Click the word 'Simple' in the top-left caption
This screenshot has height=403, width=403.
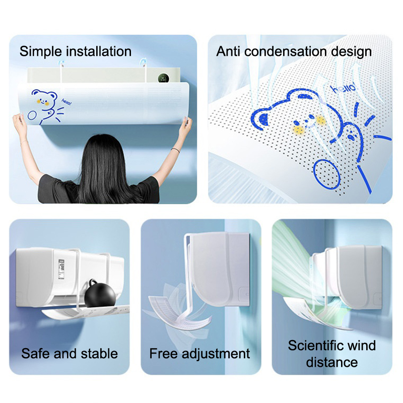[41, 52]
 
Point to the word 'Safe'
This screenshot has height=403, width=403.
[36, 354]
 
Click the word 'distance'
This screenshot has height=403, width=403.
[332, 362]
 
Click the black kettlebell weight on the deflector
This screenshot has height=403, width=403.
[100, 294]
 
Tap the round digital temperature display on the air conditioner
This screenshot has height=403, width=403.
[163, 78]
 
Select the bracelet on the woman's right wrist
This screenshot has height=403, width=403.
[175, 150]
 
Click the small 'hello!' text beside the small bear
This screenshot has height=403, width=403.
[66, 102]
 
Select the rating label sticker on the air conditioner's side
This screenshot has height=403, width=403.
[61, 269]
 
